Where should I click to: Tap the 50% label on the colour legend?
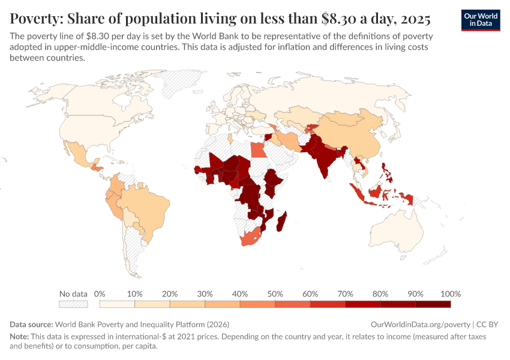coord(275,294)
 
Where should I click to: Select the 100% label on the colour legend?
coord(450,294)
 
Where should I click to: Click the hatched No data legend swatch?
coord(73,304)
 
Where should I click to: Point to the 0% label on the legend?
coord(100,294)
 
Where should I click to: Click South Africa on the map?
coord(252,238)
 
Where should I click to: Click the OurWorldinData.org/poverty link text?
coord(419,323)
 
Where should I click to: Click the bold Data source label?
coord(31,323)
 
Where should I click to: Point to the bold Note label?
coord(20,337)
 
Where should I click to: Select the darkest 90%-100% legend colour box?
coord(433,304)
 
